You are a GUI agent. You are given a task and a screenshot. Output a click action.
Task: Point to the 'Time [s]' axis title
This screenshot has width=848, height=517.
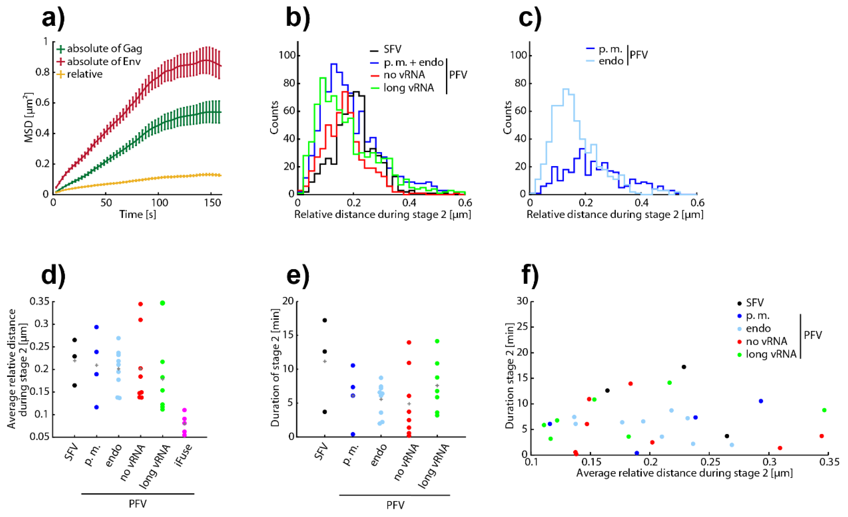[138, 215]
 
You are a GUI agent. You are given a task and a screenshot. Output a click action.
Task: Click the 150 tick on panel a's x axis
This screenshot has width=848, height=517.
[212, 203]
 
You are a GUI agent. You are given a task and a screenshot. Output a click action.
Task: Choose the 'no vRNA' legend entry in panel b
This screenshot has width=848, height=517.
[398, 75]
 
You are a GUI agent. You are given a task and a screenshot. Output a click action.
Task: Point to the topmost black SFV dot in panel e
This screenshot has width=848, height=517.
[325, 320]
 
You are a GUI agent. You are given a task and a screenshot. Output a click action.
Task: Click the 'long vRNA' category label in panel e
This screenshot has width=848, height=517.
[434, 466]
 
